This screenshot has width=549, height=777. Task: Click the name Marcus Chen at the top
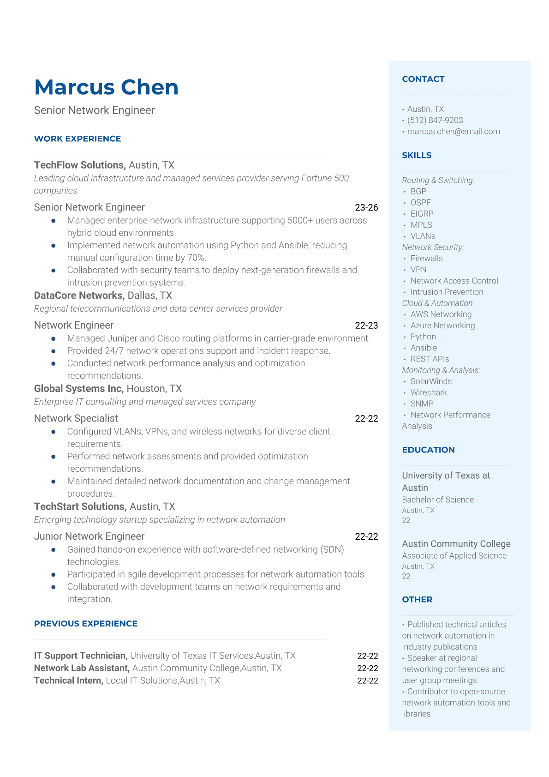pyautogui.click(x=106, y=87)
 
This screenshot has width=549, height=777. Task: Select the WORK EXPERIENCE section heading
pyautogui.click(x=78, y=139)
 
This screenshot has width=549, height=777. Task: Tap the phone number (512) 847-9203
pyautogui.click(x=435, y=120)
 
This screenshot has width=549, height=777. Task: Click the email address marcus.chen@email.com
pyautogui.click(x=454, y=131)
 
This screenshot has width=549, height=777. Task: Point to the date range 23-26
pyautogui.click(x=366, y=207)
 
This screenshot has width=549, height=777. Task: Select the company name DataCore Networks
pyautogui.click(x=79, y=295)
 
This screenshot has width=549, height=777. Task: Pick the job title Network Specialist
pyautogui.click(x=76, y=418)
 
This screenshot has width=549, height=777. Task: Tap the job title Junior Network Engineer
pyautogui.click(x=89, y=536)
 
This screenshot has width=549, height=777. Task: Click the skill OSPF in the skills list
pyautogui.click(x=420, y=202)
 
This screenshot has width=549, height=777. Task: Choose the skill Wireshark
pyautogui.click(x=429, y=392)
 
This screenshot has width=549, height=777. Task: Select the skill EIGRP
pyautogui.click(x=422, y=214)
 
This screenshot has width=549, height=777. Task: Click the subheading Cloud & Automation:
pyautogui.click(x=438, y=303)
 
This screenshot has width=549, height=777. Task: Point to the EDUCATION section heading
pyautogui.click(x=428, y=450)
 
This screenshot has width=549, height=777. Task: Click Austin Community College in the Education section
pyautogui.click(x=456, y=543)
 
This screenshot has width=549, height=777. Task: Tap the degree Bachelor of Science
pyautogui.click(x=438, y=500)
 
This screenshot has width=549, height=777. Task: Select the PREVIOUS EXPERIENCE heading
pyautogui.click(x=86, y=623)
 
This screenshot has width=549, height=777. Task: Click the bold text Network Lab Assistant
pyautogui.click(x=82, y=668)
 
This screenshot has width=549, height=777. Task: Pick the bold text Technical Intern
pyautogui.click(x=69, y=681)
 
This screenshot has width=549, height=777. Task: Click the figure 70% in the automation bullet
pyautogui.click(x=196, y=258)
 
